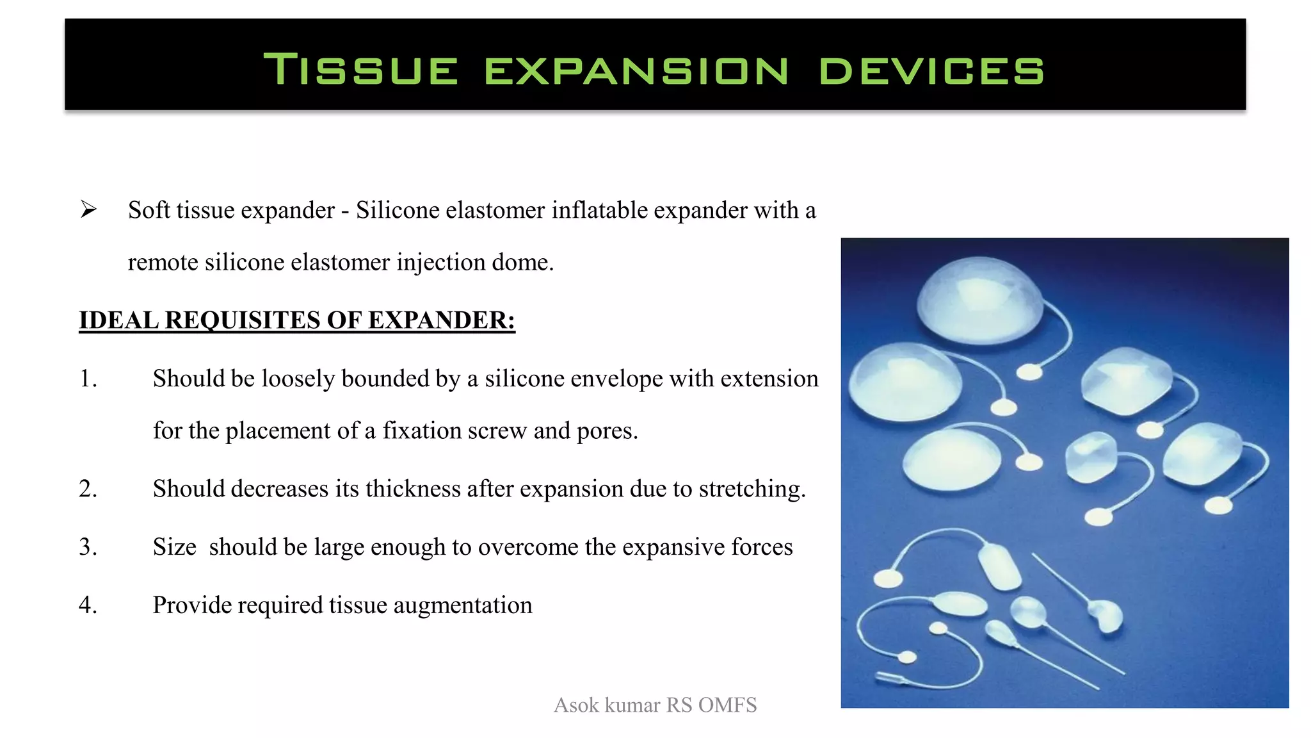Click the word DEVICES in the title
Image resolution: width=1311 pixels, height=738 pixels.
(931, 70)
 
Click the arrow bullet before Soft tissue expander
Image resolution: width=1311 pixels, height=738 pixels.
(88, 209)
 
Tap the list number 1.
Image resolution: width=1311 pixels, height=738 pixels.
(88, 379)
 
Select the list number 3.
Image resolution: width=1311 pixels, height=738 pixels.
(88, 547)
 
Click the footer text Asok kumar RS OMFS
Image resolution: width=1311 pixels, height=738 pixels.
(655, 705)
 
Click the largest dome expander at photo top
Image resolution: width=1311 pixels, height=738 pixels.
(979, 300)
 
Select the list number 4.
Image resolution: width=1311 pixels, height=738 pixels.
(88, 605)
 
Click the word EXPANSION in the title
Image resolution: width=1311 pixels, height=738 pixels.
(636, 70)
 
